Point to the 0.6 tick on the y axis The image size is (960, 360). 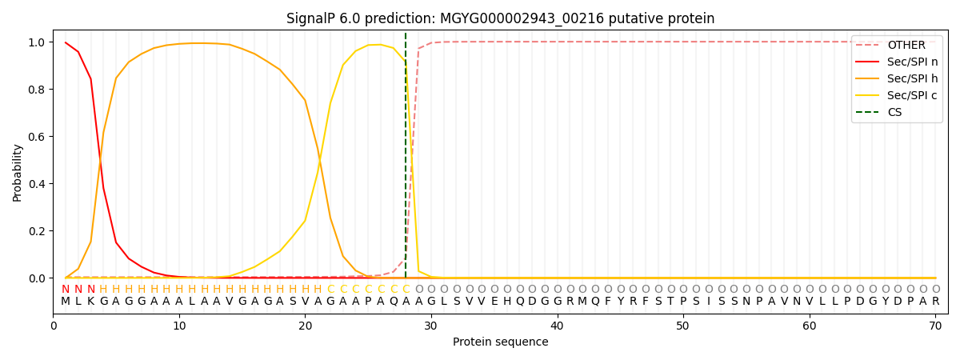tap(38, 137)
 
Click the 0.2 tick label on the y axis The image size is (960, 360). tap(38, 231)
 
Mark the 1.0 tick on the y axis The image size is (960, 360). tap(38, 42)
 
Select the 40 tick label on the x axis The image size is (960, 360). tap(557, 326)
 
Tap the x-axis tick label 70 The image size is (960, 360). tap(935, 326)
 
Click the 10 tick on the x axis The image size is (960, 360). tap(179, 326)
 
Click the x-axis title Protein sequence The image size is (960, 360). tap(500, 342)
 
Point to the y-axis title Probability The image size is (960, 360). tap(18, 172)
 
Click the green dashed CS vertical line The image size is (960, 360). tap(406, 160)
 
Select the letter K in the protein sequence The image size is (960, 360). tap(91, 302)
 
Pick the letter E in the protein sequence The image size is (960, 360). tap(494, 302)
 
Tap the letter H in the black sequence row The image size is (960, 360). tap(507, 302)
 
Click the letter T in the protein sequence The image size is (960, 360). tap(670, 302)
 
